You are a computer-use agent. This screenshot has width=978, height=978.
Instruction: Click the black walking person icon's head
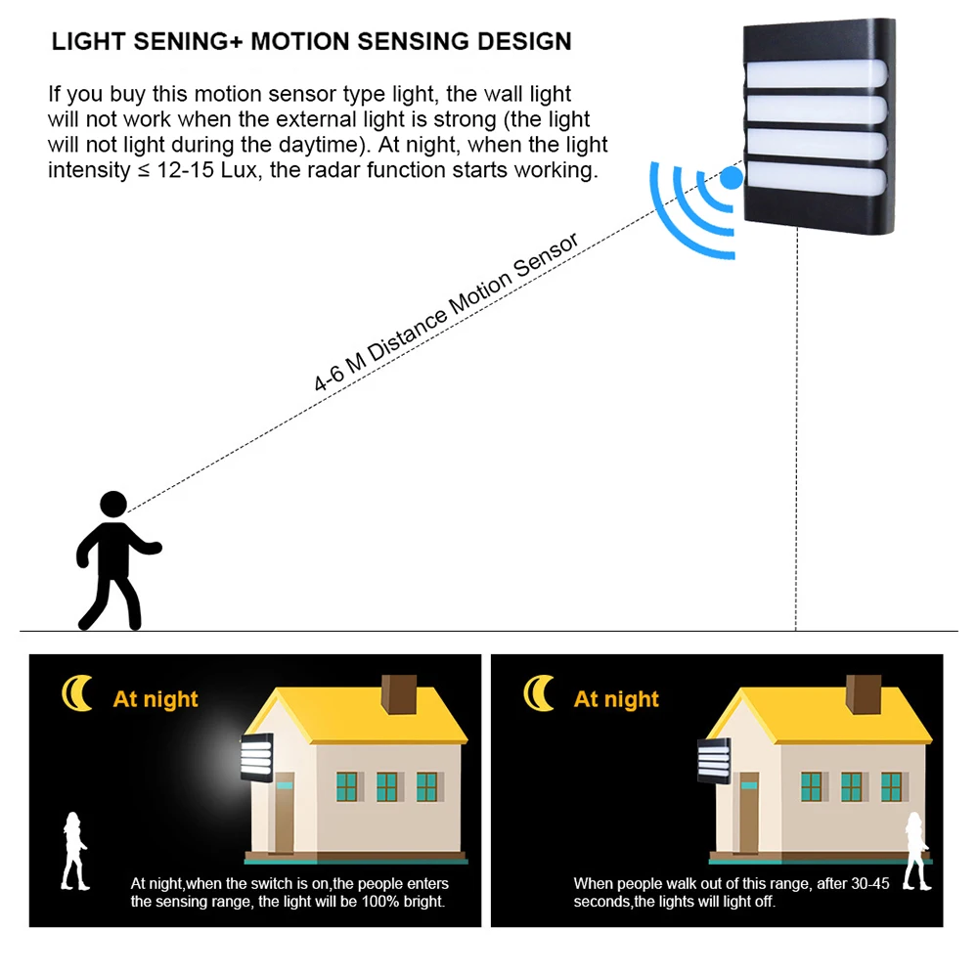click(113, 505)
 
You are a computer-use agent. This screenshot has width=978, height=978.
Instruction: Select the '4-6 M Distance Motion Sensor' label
click(446, 311)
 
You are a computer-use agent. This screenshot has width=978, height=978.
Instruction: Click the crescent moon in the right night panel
click(537, 693)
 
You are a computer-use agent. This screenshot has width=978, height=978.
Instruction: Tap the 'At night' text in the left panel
click(156, 699)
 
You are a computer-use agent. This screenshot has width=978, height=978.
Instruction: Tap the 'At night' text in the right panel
click(616, 699)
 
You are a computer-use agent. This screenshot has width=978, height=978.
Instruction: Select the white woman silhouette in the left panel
click(73, 849)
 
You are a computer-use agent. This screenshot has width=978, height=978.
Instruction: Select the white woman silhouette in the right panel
click(915, 849)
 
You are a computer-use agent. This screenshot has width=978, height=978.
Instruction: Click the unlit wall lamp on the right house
click(714, 760)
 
